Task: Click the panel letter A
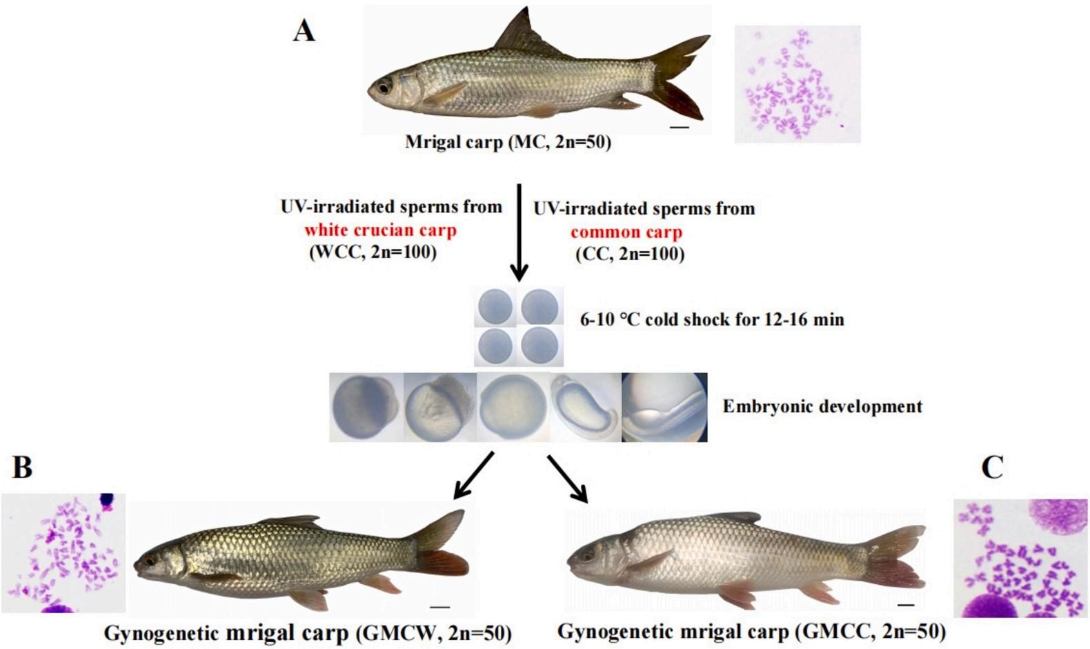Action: (304, 31)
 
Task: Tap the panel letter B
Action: (22, 467)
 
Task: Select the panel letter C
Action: (992, 468)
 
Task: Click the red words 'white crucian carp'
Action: (380, 230)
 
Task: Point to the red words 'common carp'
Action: (626, 232)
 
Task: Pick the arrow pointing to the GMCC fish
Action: (568, 478)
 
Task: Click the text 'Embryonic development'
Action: (822, 406)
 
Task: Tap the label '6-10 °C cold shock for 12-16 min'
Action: (712, 319)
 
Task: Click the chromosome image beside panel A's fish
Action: (797, 84)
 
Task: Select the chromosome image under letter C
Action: (1020, 558)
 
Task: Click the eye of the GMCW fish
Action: (150, 559)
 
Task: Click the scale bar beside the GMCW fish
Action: (439, 607)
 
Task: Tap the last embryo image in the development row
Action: (664, 407)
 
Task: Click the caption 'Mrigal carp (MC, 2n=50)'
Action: (508, 143)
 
